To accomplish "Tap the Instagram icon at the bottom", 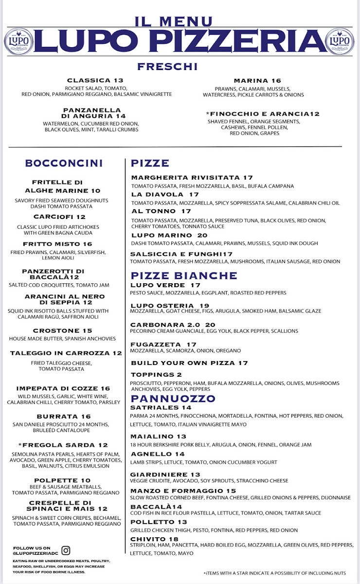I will point(66,550).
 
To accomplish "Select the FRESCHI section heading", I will point(167,67).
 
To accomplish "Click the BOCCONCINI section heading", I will point(64,163).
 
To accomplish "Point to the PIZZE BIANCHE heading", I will point(184,275).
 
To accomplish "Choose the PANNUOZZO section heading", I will point(173,399).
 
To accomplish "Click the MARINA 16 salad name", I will point(257,81).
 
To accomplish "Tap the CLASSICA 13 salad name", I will point(95,80).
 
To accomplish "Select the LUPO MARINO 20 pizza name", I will point(169,235).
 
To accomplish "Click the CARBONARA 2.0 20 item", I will point(173,325).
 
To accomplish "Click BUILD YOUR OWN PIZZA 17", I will point(189,363).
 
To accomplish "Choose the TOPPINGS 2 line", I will point(156,375).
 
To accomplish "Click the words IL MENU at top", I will point(174,21).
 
